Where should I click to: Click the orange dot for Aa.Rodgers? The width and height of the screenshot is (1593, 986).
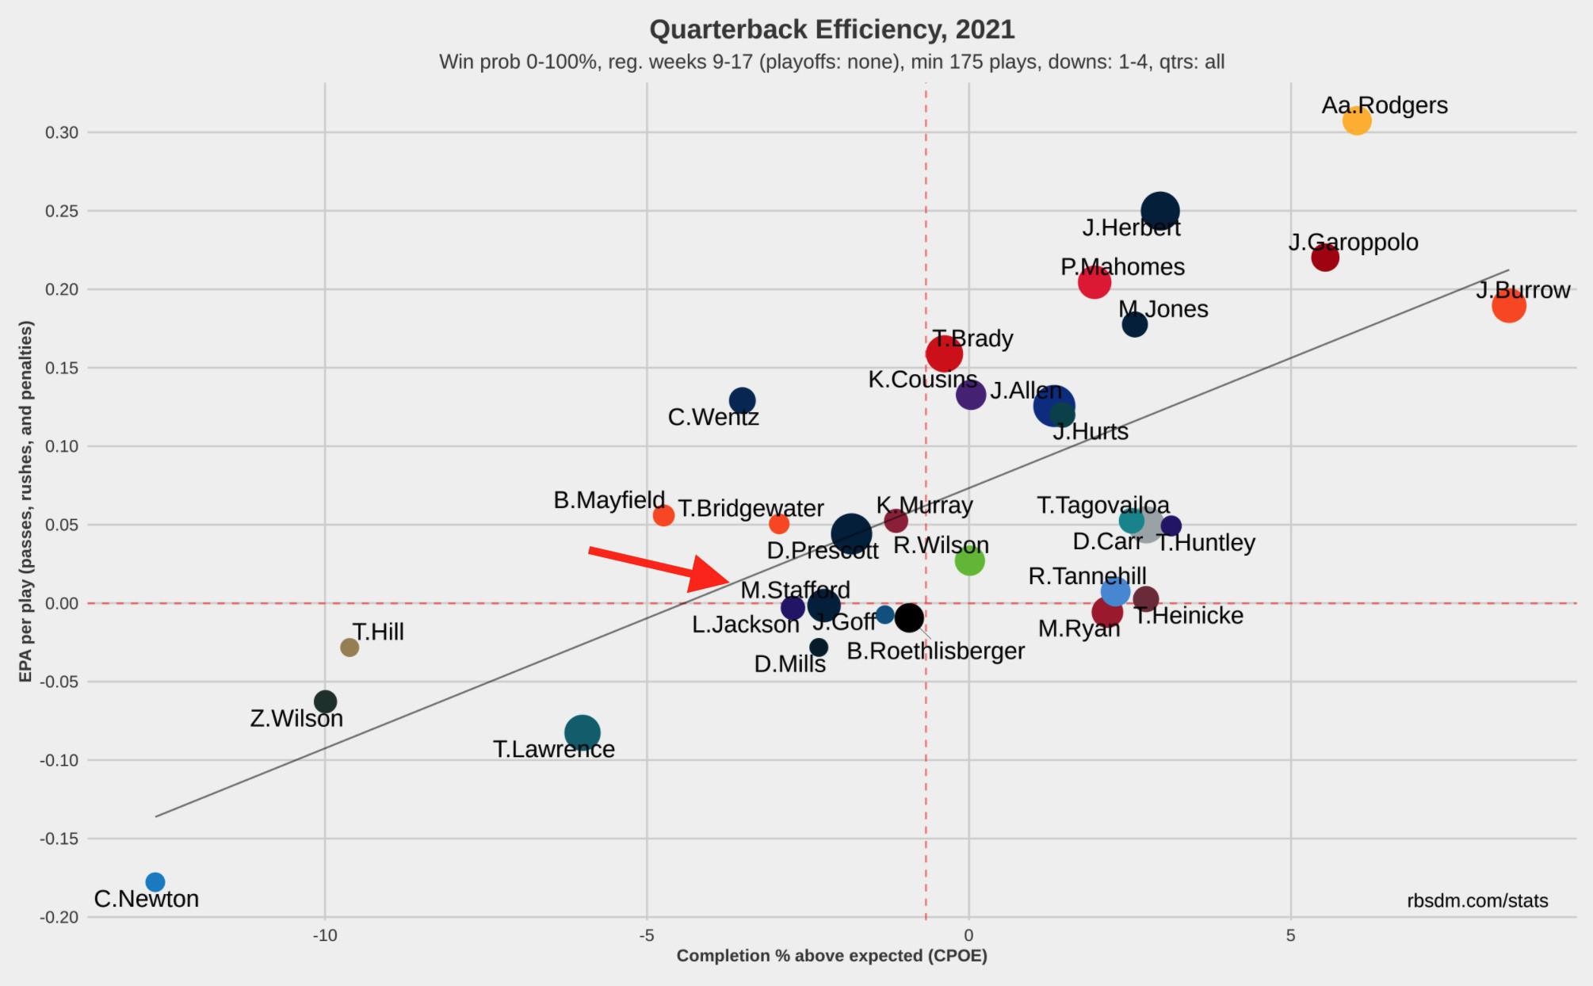pos(1357,121)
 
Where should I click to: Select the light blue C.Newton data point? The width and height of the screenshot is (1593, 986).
pos(155,882)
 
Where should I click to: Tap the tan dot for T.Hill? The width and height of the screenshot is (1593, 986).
pos(350,648)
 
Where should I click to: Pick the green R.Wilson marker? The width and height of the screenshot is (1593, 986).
pos(969,561)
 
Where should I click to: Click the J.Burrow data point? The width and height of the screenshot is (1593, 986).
pos(1508,306)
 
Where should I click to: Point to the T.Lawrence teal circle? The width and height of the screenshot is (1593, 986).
pos(583,732)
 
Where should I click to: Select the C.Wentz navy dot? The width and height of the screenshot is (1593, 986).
pos(742,400)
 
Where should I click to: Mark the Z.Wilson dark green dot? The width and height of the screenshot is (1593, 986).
pos(325,701)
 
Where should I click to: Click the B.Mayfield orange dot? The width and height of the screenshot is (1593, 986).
pos(663,516)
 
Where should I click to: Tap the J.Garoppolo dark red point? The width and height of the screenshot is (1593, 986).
pos(1324,258)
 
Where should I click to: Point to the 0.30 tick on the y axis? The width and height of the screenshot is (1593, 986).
pos(62,132)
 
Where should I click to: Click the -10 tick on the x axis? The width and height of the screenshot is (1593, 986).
pos(324,935)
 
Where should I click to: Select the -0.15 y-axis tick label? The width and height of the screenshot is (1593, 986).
pos(59,839)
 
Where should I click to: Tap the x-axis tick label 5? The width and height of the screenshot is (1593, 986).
pos(1290,935)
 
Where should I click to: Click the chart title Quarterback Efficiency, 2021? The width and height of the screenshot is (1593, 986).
pos(831,29)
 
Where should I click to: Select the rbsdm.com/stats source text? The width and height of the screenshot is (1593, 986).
pos(1477,900)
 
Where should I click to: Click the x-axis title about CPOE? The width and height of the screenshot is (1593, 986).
pos(831,956)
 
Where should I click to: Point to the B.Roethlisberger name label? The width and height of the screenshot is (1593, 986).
pos(935,651)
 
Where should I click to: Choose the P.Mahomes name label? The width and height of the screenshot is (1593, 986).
pos(1122,267)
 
